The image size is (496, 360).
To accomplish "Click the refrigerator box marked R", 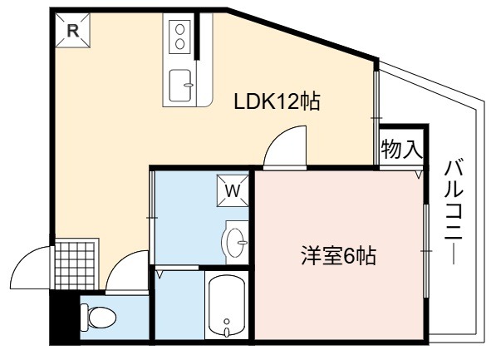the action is pyautogui.click(x=73, y=31).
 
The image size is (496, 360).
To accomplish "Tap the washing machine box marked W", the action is pyautogui.click(x=233, y=190).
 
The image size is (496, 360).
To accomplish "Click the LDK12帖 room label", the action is pyautogui.click(x=277, y=101).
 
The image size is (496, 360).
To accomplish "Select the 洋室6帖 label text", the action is pyautogui.click(x=338, y=256).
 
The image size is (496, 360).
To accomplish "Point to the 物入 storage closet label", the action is pyautogui.click(x=402, y=149).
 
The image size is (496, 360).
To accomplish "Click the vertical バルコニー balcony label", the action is pyautogui.click(x=454, y=210).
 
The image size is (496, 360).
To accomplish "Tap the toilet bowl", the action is pyautogui.click(x=99, y=318).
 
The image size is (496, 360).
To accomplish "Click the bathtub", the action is pyautogui.click(x=227, y=305).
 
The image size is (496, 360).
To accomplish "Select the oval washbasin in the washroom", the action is pyautogui.click(x=234, y=243).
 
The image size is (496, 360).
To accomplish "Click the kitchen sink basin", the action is pyautogui.click(x=180, y=86).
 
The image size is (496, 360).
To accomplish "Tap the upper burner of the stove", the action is pyautogui.click(x=180, y=29).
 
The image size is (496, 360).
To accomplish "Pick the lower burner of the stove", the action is pyautogui.click(x=180, y=44).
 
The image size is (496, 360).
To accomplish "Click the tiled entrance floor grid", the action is pyautogui.click(x=75, y=265).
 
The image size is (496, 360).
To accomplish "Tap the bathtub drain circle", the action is pyautogui.click(x=227, y=322).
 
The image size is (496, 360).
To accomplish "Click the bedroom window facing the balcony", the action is pyautogui.click(x=426, y=251).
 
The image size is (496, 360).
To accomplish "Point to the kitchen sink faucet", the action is pyautogui.click(x=189, y=85).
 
